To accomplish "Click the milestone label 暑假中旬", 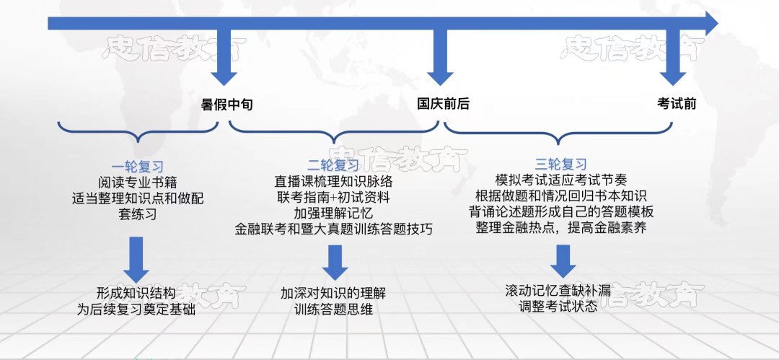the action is tap(226, 105).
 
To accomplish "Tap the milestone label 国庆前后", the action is tap(444, 104).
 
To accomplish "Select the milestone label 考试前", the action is tap(677, 104).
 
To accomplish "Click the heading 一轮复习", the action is tap(137, 165).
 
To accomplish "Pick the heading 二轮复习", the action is tap(333, 165).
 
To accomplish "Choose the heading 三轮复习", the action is tap(561, 164).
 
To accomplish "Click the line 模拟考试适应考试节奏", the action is tap(561, 180).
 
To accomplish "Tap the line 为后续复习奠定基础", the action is tap(136, 309).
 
